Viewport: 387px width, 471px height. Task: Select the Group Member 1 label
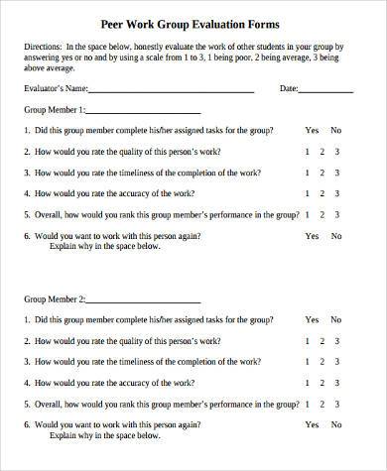click(x=55, y=110)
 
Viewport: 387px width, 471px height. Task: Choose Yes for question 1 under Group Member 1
click(x=313, y=130)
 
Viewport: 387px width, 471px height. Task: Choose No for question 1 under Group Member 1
click(x=336, y=130)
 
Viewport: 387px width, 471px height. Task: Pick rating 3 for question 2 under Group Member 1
click(x=337, y=152)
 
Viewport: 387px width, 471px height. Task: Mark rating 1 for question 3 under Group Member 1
click(x=309, y=173)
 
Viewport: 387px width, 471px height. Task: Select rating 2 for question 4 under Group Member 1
click(x=322, y=193)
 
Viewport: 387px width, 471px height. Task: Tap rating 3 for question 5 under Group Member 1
click(x=337, y=215)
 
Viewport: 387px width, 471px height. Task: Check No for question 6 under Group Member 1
click(x=336, y=236)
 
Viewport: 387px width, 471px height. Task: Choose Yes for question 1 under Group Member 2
click(x=313, y=320)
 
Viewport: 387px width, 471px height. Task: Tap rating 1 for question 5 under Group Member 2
click(x=309, y=405)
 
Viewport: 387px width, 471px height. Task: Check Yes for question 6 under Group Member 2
click(x=313, y=426)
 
